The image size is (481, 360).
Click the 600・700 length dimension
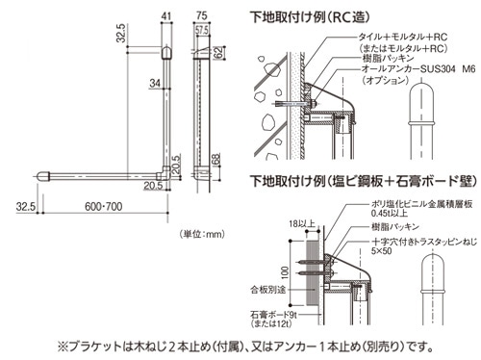click(x=104, y=206)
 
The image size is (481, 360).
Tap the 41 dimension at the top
click(x=166, y=16)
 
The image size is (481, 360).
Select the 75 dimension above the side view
click(x=201, y=15)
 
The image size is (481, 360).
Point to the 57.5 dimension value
click(x=202, y=31)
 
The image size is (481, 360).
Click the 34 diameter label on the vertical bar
click(x=155, y=83)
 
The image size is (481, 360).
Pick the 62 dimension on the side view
click(x=217, y=53)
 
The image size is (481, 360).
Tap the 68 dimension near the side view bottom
click(x=216, y=160)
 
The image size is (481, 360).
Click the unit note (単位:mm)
click(x=202, y=234)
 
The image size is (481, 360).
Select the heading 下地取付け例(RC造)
click(x=310, y=17)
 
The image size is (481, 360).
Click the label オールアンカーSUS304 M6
click(x=418, y=69)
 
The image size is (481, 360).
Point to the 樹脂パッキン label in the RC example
click(x=388, y=59)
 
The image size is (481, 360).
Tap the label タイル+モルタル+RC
click(x=403, y=37)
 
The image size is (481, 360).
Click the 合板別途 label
click(x=267, y=290)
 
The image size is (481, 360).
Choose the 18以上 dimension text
click(x=302, y=223)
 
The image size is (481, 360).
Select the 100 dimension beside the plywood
click(x=285, y=272)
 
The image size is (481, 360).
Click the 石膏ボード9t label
click(x=274, y=315)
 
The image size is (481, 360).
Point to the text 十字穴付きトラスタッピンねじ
click(x=424, y=242)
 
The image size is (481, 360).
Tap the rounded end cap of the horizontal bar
click(x=43, y=176)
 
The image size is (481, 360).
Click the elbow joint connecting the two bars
click(x=164, y=173)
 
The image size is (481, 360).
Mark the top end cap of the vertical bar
click(x=166, y=53)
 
